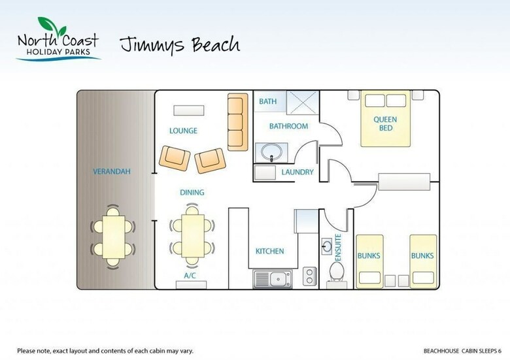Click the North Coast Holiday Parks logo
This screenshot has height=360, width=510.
pos(58,39)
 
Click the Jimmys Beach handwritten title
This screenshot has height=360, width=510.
pos(180,45)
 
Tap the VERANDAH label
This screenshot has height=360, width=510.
pos(112,171)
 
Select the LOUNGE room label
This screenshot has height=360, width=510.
pos(183,131)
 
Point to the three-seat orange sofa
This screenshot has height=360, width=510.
pos(237,122)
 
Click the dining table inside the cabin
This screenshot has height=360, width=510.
pos(193,236)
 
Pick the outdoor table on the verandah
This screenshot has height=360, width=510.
pos(113,237)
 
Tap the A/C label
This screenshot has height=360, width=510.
pos(190,276)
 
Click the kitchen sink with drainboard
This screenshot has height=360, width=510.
pos(273,279)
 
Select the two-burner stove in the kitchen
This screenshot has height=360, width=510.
pos(309,276)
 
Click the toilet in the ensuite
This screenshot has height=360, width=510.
pos(337,273)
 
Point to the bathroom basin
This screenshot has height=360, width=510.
pos(271,152)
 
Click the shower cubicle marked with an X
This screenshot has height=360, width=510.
pos(303,103)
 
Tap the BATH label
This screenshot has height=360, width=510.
pos(267,101)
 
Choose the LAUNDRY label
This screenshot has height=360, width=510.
pos(297,172)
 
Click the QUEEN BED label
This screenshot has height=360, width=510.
pos(385,123)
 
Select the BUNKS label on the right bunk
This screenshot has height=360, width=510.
pos(422,255)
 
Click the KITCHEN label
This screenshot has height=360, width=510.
pos(269,251)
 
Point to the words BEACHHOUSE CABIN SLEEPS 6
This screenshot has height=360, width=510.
pos(462,351)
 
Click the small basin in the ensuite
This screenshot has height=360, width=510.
pos(326,246)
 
